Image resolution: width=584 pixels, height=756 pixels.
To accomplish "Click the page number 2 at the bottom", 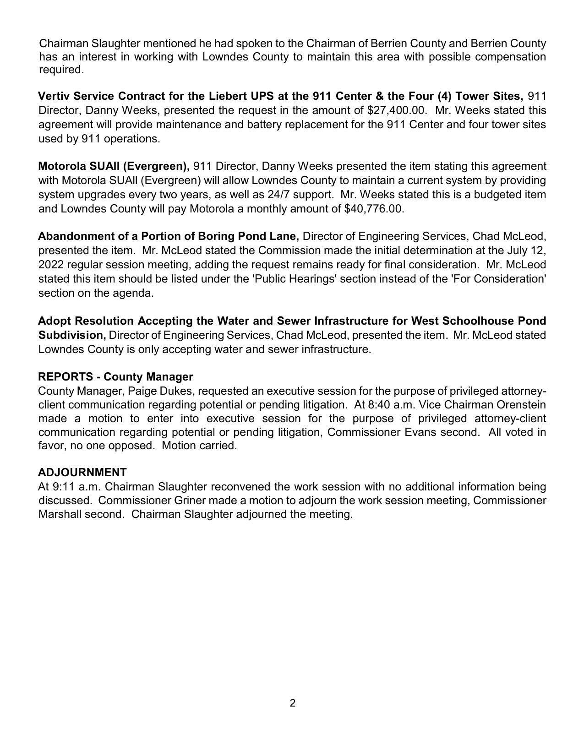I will click(x=292, y=703).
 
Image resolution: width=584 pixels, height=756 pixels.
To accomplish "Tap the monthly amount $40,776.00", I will click(x=373, y=209).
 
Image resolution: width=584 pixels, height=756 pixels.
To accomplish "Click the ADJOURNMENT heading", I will click(x=82, y=472).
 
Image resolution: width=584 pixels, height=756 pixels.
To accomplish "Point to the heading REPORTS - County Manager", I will click(x=115, y=376).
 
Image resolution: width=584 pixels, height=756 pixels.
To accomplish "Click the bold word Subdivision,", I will click(x=72, y=335).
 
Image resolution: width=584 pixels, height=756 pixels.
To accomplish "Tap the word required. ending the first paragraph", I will click(x=61, y=70).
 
